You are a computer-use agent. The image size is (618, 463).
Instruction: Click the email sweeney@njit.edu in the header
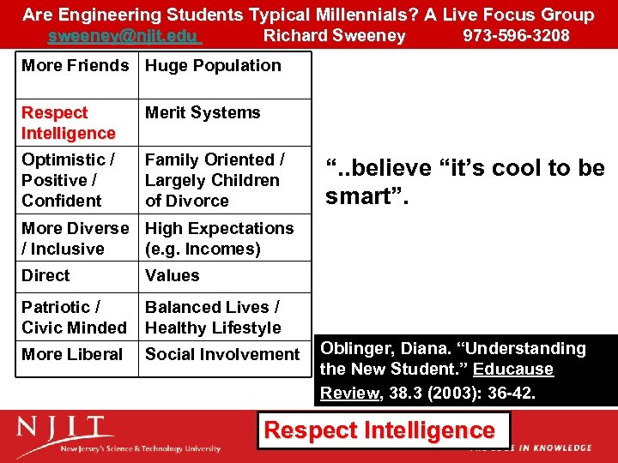click(x=124, y=36)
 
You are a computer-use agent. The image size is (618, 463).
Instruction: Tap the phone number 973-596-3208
click(x=516, y=36)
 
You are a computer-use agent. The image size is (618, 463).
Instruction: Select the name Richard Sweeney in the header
click(x=334, y=36)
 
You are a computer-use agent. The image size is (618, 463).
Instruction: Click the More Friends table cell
click(x=76, y=66)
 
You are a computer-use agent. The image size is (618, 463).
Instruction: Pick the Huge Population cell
click(x=213, y=66)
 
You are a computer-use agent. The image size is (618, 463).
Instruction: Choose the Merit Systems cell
click(x=203, y=113)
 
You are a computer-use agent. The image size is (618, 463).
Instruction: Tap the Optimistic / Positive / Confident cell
click(x=69, y=180)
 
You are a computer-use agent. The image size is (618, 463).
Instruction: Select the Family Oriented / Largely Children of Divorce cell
click(x=215, y=180)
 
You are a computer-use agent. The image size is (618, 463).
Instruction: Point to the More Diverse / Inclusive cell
click(x=75, y=238)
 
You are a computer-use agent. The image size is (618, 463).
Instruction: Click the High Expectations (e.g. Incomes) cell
click(x=219, y=238)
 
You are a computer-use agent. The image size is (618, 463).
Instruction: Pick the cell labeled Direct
click(x=46, y=276)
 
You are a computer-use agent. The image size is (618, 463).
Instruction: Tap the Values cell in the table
click(x=172, y=276)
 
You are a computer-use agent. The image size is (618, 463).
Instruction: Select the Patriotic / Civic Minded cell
click(x=74, y=317)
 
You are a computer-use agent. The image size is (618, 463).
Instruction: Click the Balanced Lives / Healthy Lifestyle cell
click(x=213, y=317)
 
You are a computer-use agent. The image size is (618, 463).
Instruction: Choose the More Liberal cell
click(x=72, y=354)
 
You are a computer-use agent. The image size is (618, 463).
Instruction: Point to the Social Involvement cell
click(x=222, y=354)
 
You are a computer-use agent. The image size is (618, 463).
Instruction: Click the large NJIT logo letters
click(x=65, y=429)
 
